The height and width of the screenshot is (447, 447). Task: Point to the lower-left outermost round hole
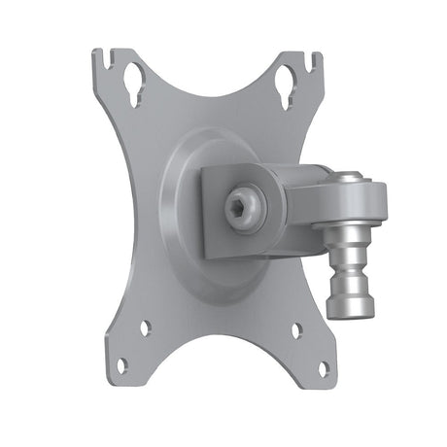tap(122, 365)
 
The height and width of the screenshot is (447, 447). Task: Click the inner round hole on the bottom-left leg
tap(145, 328)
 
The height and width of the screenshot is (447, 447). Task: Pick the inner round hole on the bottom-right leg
tap(296, 329)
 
